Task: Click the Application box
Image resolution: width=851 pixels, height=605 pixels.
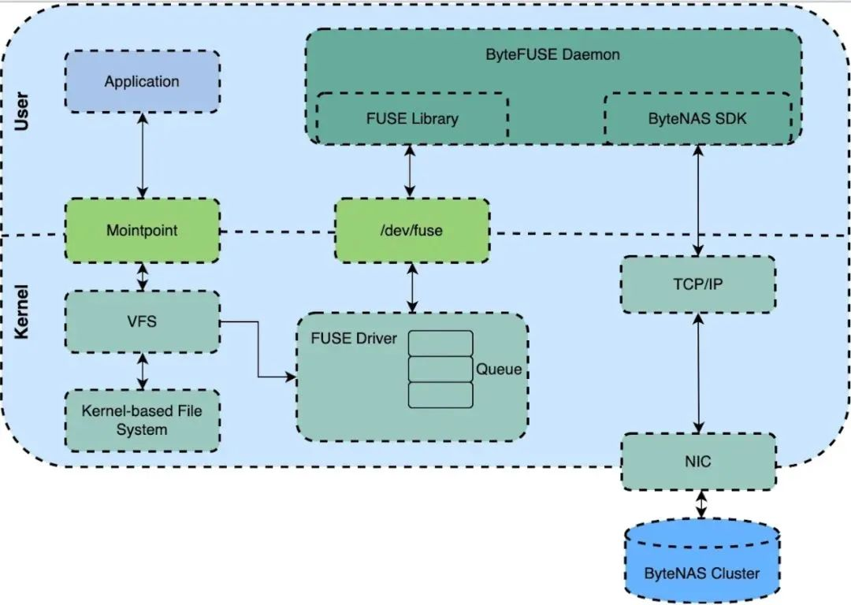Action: click(x=142, y=82)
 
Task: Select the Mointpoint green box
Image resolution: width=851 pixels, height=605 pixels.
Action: click(x=142, y=231)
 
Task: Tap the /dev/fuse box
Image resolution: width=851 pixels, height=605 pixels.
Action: click(x=411, y=231)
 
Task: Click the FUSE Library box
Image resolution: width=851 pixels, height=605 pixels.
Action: click(x=412, y=119)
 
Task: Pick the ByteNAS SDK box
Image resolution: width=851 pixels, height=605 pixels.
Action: click(x=697, y=119)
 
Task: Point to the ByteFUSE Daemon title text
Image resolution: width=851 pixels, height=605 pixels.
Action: click(x=552, y=55)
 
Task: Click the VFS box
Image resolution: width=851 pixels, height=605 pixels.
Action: click(x=142, y=321)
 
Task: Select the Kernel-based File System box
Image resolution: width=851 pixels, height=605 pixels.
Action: click(x=142, y=420)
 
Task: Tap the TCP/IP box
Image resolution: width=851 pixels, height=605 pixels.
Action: click(x=698, y=284)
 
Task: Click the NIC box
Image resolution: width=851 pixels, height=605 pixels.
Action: click(x=698, y=461)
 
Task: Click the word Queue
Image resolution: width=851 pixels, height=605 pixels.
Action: click(x=498, y=369)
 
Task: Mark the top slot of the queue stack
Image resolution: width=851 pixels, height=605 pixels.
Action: click(x=440, y=343)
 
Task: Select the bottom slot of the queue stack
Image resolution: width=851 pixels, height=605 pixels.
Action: click(x=440, y=395)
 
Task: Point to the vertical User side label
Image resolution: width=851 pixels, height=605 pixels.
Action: click(x=23, y=113)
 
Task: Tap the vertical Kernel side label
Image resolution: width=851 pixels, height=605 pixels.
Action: click(x=23, y=312)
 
